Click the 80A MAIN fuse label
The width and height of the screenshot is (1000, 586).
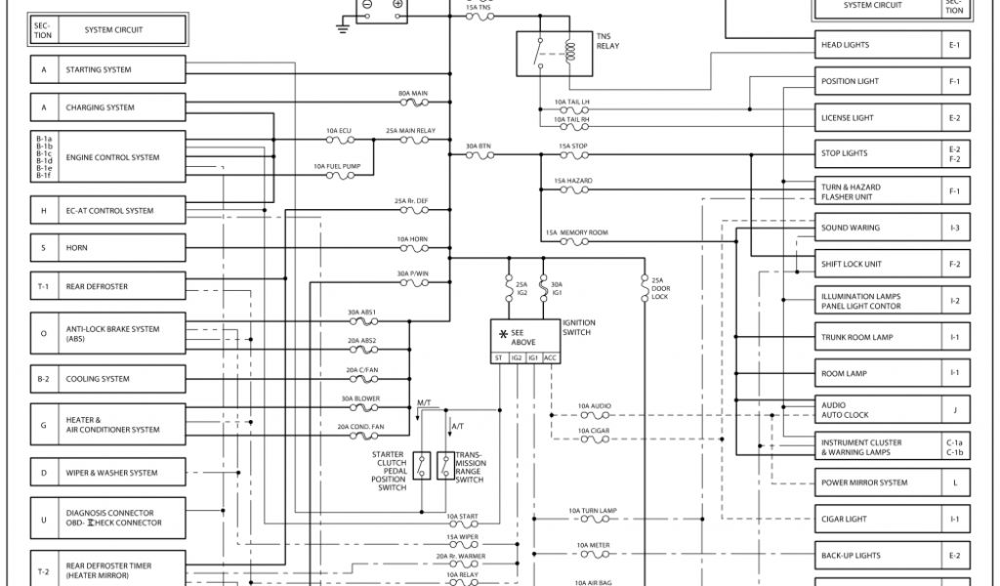pyautogui.click(x=413, y=94)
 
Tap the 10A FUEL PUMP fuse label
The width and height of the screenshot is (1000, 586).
pyautogui.click(x=337, y=167)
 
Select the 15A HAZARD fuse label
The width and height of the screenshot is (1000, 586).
pyautogui.click(x=573, y=181)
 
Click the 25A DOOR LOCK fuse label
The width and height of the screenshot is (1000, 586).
pyautogui.click(x=659, y=288)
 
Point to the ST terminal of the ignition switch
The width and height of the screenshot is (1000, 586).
pyautogui.click(x=500, y=358)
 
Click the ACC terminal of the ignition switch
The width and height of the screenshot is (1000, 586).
pyautogui.click(x=551, y=358)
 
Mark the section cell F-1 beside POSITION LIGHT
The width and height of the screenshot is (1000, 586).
pyautogui.click(x=954, y=82)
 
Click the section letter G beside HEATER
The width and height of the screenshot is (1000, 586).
pyautogui.click(x=43, y=425)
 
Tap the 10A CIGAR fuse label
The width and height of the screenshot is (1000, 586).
pyautogui.click(x=594, y=430)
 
